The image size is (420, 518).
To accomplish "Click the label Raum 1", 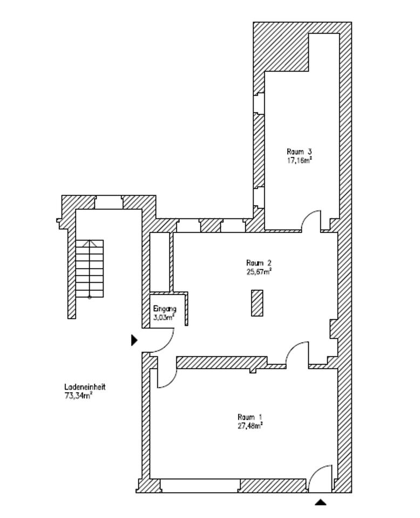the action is point(249,417).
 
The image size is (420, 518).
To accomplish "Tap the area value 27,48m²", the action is point(250,426).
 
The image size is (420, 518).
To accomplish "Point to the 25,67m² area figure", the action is point(259,272).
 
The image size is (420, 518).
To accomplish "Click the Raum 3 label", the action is point(299,152).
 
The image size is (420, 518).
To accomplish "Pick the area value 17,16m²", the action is point(300,160).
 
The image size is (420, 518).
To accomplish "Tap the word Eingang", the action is point(165,309).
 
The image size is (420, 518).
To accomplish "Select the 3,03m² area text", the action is point(164,317).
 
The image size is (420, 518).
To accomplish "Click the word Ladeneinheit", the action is point(84,387).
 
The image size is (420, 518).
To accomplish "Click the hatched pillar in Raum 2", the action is point(257,303).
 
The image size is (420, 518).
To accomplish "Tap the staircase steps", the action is point(90,268).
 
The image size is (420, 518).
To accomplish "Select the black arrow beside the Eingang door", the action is point(134,340).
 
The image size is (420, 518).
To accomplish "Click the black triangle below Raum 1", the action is point(321,502).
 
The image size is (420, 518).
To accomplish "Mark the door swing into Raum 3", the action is point(310,220).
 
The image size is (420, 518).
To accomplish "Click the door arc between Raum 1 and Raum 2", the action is point(296,353).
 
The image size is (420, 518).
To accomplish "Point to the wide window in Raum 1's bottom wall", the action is point(200,485).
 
